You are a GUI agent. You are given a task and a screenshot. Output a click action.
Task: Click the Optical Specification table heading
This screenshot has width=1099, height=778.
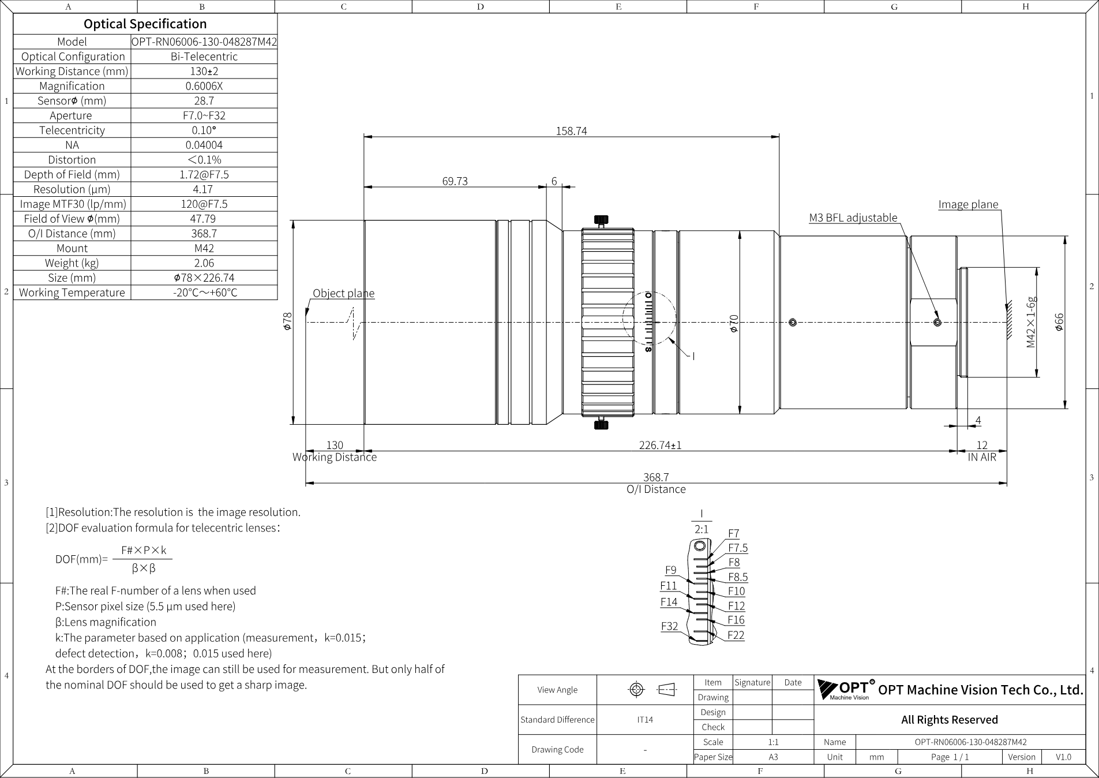[145, 24]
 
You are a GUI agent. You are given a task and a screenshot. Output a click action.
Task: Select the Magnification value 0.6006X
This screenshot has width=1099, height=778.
[204, 86]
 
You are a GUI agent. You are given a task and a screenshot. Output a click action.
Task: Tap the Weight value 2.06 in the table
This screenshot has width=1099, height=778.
[204, 263]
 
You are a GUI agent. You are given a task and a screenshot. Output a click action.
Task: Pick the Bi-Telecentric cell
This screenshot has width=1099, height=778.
[204, 57]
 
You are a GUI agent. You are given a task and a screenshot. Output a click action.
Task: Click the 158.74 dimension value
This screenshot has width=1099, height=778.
[571, 131]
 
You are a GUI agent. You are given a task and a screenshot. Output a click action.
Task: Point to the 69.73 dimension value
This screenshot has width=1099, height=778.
[455, 181]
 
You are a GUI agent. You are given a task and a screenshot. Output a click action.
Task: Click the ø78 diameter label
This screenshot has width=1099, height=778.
[287, 321]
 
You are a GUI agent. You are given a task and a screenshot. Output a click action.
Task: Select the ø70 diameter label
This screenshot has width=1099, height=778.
[733, 323]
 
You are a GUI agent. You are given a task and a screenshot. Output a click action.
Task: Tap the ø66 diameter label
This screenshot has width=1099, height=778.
[1059, 322]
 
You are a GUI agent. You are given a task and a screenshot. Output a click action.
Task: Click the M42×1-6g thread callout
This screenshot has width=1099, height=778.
[1031, 323]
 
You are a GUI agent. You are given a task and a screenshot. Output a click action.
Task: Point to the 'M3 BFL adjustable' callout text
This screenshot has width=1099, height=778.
[853, 218]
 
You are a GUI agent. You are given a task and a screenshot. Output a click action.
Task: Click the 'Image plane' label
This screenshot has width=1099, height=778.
[968, 204]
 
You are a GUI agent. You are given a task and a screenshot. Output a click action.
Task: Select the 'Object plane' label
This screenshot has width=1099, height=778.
[343, 293]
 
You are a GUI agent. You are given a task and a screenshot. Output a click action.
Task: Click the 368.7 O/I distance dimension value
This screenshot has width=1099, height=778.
[656, 477]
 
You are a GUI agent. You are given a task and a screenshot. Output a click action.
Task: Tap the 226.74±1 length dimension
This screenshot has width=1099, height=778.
[660, 445]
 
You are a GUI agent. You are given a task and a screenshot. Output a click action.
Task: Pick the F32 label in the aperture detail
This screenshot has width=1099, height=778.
[669, 626]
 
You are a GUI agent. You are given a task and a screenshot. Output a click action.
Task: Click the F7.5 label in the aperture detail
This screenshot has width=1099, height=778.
[738, 548]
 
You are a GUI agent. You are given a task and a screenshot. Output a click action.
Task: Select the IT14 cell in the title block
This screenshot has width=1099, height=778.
[645, 720]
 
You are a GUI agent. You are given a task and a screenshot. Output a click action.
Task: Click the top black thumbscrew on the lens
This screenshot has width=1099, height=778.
[601, 220]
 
